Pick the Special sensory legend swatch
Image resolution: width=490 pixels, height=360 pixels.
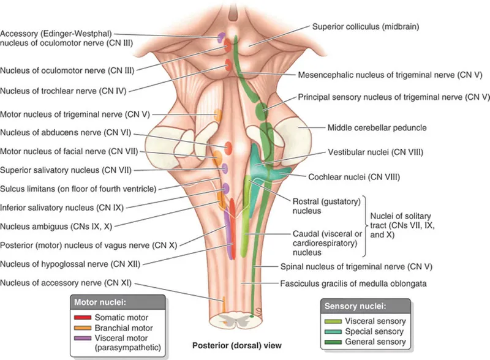point(333,331)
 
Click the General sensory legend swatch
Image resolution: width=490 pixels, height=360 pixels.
point(333,341)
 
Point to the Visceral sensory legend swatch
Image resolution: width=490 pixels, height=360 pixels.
point(333,321)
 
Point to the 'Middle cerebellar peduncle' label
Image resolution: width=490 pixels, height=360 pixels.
point(368,128)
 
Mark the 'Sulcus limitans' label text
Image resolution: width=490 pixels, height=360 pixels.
point(78,188)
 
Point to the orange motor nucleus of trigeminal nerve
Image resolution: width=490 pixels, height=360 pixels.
point(217,114)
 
